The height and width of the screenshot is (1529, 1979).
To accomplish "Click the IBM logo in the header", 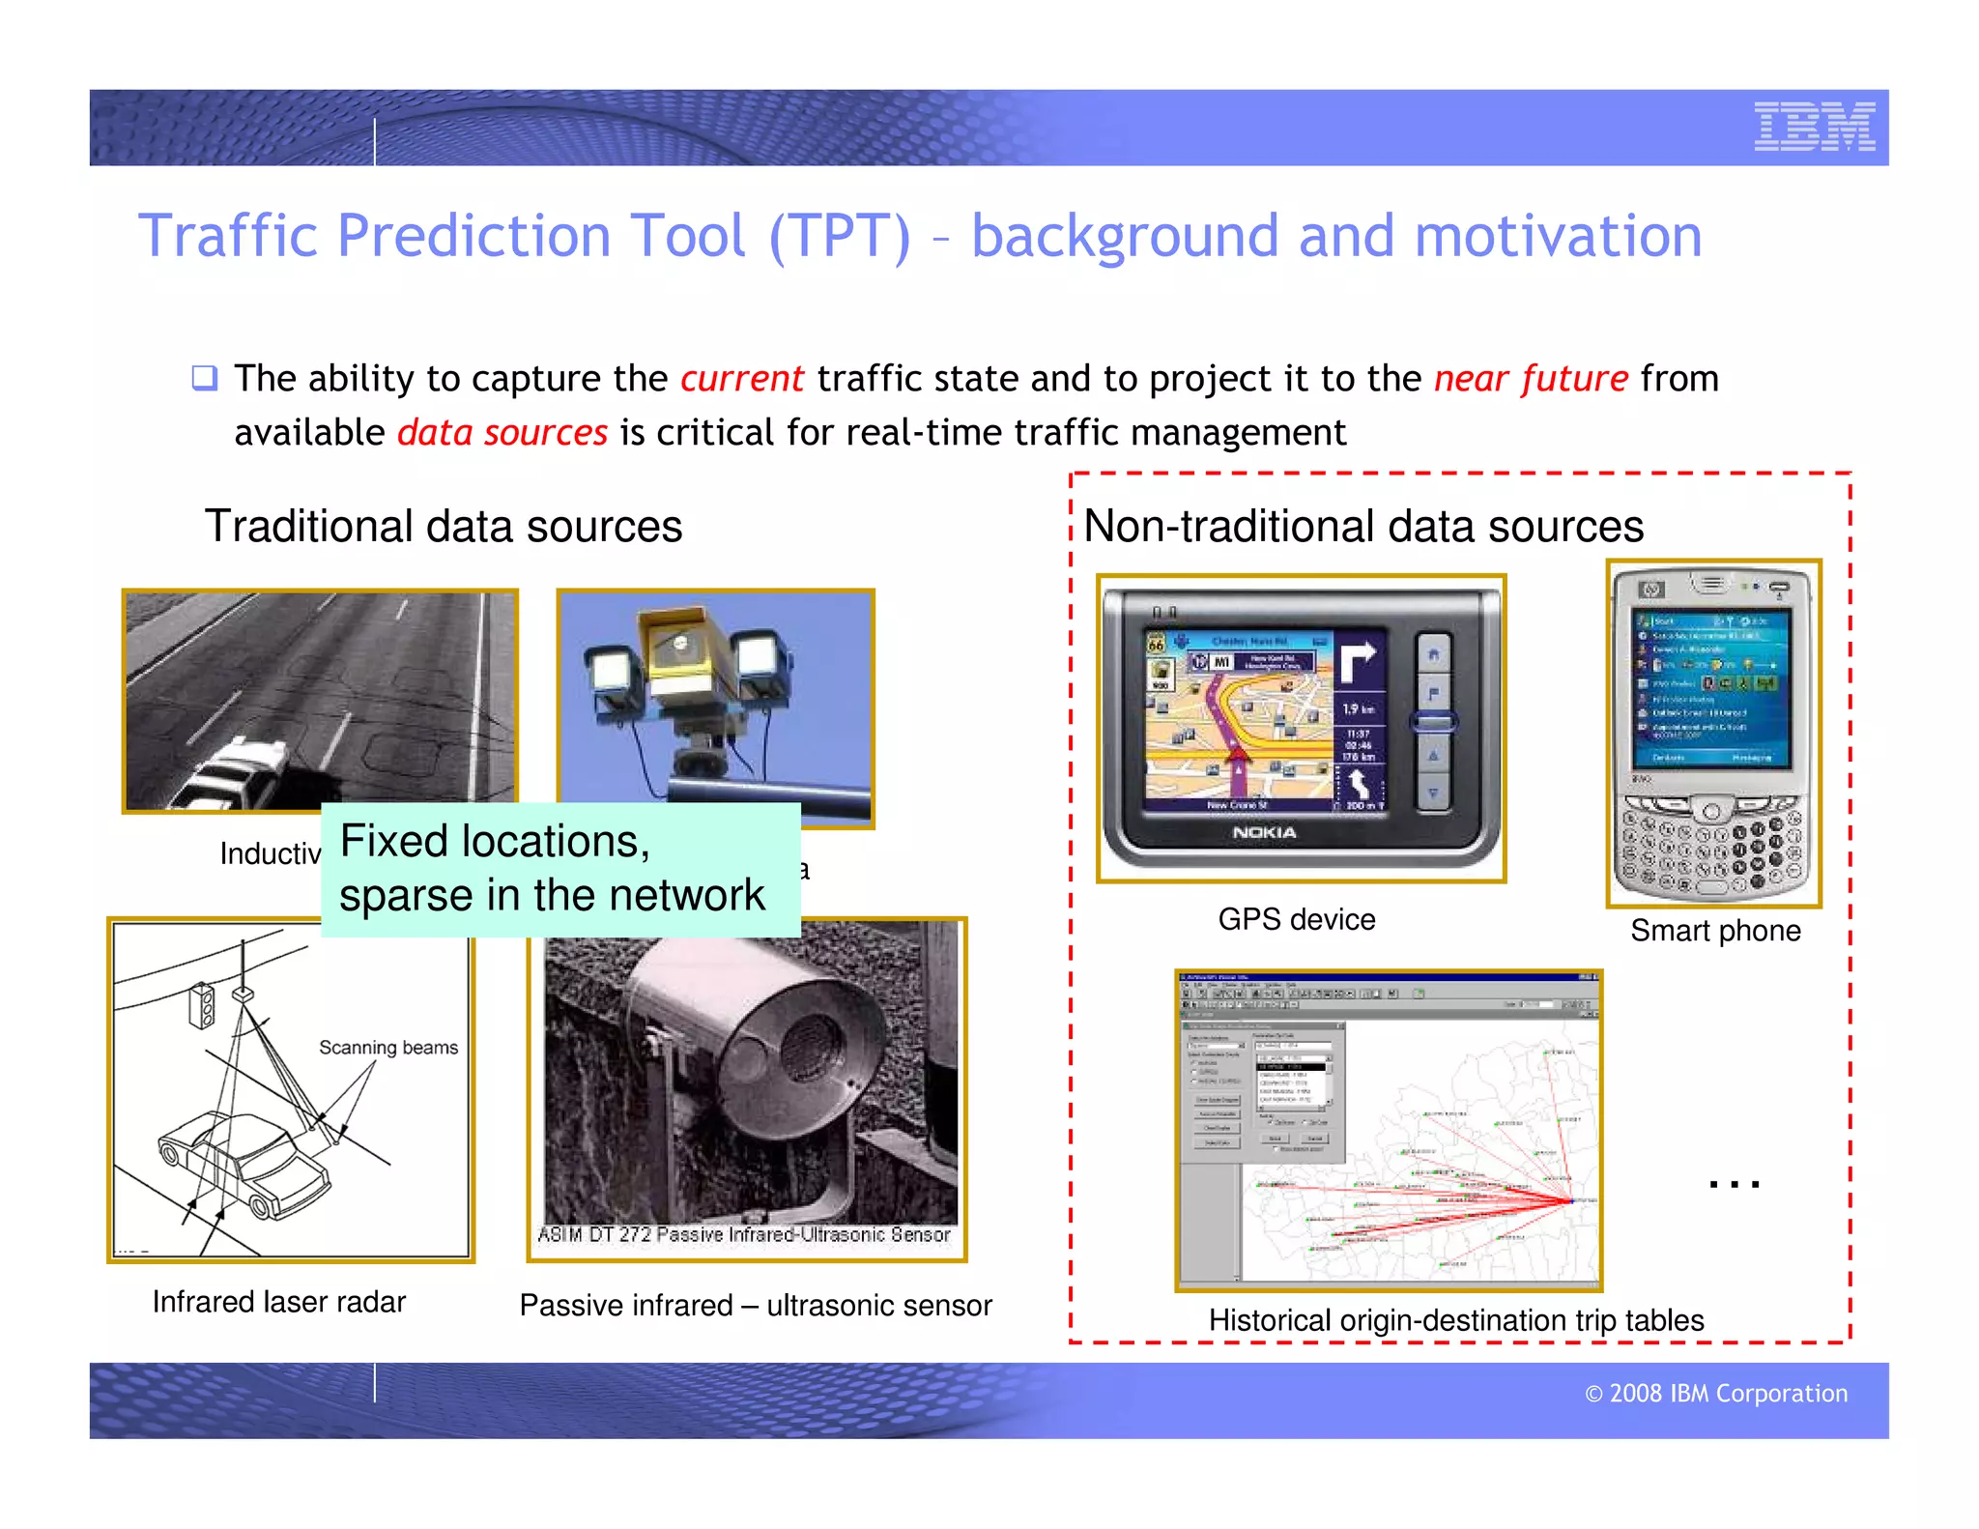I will tap(1814, 127).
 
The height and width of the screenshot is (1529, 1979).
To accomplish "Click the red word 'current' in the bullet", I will tap(741, 379).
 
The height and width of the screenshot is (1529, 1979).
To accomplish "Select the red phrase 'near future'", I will tap(1531, 379).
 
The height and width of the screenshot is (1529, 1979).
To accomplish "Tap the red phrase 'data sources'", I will tap(502, 433).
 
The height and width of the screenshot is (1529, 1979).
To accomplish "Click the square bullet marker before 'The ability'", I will tap(204, 377).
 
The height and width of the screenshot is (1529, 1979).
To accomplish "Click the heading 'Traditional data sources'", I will tap(444, 527).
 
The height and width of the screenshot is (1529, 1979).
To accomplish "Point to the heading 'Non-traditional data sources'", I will tap(1363, 527).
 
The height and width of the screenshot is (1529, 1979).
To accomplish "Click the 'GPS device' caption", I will tap(1296, 919).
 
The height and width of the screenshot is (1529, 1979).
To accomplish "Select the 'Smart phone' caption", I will tap(1715, 931).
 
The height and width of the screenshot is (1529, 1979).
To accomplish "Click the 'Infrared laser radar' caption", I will tap(278, 1302).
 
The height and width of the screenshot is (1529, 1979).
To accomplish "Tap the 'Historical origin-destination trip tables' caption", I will tap(1456, 1320).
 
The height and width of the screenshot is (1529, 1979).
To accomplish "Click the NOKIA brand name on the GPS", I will tap(1264, 832).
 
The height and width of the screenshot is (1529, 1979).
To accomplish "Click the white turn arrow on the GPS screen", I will tap(1357, 661).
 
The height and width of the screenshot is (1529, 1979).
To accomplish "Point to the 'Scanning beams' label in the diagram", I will tap(388, 1048).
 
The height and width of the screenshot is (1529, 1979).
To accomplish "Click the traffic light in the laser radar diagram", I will tap(202, 1005).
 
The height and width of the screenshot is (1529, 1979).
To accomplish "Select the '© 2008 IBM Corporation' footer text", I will tap(1716, 1394).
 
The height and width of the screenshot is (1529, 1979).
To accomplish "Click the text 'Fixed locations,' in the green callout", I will tap(495, 841).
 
